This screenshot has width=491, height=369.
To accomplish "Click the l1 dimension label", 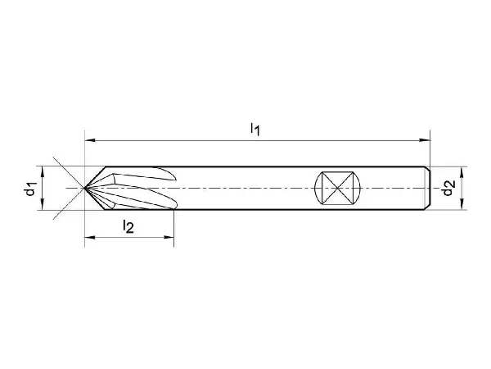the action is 255,129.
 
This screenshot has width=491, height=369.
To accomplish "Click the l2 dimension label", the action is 128,226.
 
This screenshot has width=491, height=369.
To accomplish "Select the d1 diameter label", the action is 30,189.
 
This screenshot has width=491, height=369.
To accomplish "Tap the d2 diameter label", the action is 448,188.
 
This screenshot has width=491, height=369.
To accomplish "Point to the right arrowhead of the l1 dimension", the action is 425,140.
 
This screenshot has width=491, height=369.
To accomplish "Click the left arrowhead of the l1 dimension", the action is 90,140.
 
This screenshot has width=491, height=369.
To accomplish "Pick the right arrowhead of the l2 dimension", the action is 169,237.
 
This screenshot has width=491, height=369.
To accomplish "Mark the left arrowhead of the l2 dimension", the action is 90,237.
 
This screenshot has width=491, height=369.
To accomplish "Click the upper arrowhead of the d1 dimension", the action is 43,171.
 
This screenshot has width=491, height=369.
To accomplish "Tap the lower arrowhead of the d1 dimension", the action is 43,204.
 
